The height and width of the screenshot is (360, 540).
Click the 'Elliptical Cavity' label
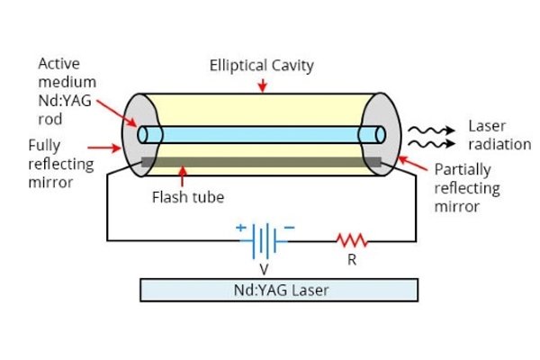click(x=262, y=66)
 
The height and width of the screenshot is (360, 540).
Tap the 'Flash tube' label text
click(x=182, y=196)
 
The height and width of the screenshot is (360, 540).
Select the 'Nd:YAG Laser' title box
click(x=280, y=289)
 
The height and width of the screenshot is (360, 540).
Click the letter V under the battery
click(x=263, y=267)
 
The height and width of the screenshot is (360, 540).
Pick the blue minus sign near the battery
click(x=289, y=228)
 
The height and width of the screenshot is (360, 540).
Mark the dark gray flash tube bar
click(x=261, y=163)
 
